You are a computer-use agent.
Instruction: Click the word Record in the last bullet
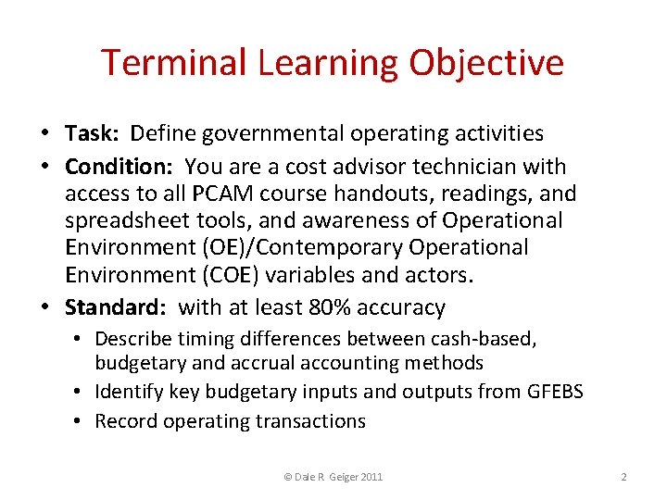(x=127, y=421)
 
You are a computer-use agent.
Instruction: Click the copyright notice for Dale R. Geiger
(x=333, y=477)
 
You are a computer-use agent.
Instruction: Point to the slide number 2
(x=623, y=477)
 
